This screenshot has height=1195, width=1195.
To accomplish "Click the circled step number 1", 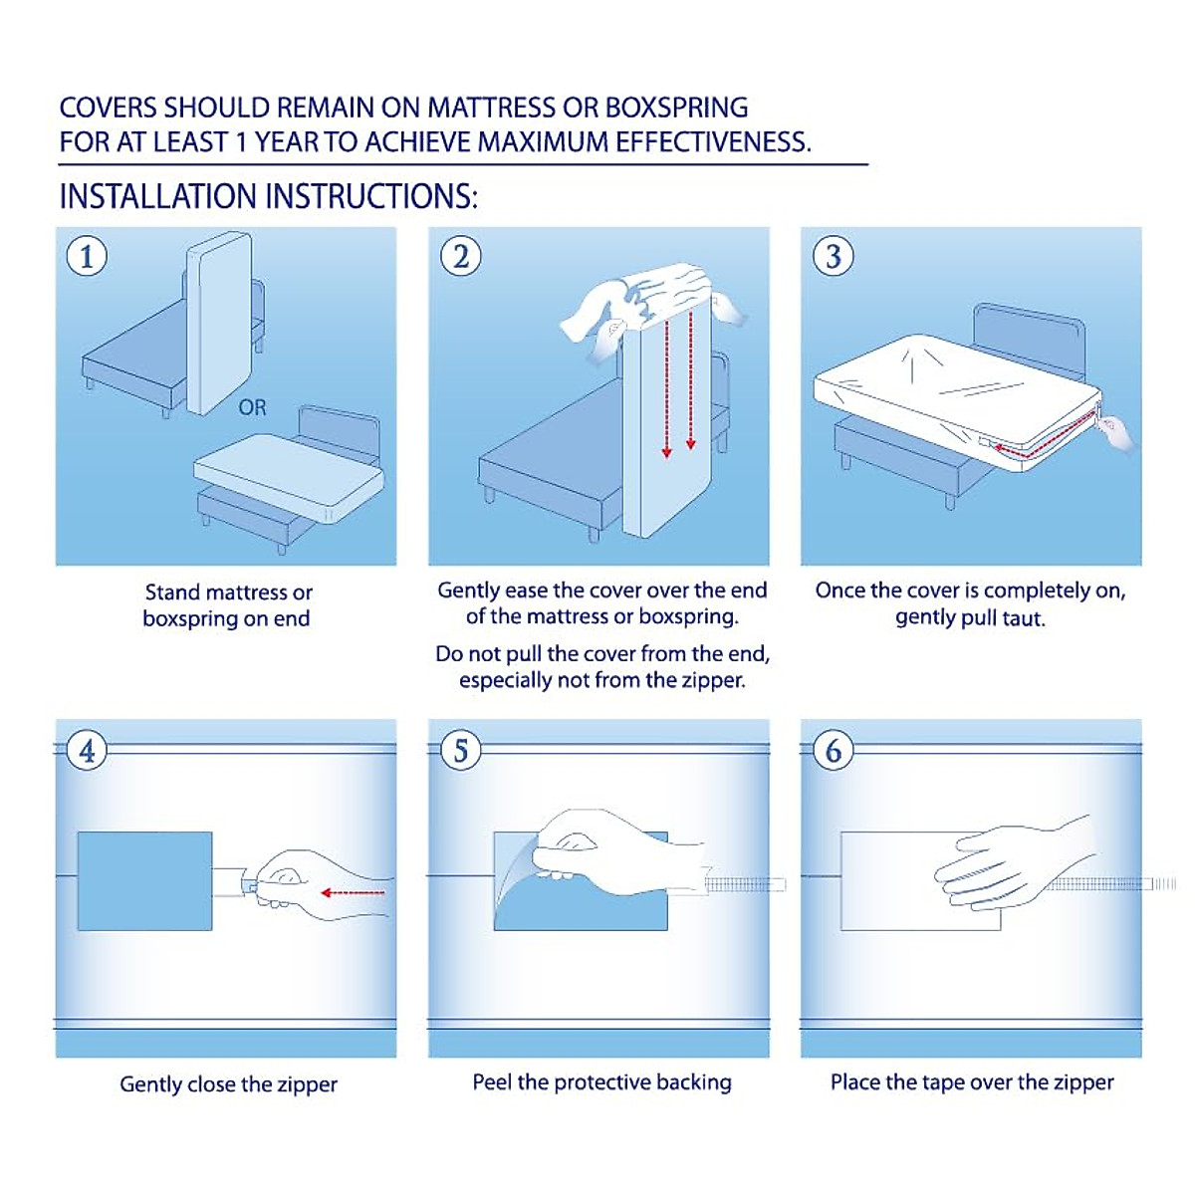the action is click(87, 256).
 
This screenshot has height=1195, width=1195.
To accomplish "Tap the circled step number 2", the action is click(460, 256).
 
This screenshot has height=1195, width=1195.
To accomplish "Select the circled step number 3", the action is click(834, 256).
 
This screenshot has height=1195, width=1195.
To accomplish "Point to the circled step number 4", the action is click(87, 750).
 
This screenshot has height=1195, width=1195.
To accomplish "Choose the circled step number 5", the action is click(460, 750).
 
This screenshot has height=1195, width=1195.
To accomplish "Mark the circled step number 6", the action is click(834, 750).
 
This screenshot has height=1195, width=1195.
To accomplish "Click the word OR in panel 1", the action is click(252, 407).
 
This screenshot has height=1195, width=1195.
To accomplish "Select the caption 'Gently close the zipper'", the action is click(228, 1083).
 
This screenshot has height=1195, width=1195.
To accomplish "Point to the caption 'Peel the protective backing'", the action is click(601, 1081).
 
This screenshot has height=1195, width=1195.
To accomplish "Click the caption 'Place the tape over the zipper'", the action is click(972, 1081).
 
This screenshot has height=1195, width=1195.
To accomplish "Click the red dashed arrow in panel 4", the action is click(353, 893).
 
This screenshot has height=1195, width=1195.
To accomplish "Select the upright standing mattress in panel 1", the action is click(217, 324).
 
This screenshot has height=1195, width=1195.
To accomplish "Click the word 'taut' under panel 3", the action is click(1023, 617).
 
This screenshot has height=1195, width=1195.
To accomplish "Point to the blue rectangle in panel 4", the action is click(144, 881).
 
